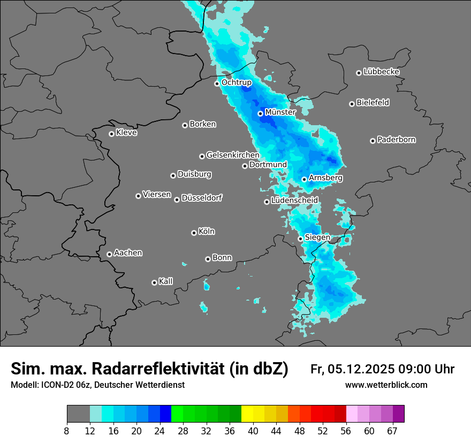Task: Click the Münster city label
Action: click(280, 113)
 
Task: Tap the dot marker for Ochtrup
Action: click(217, 83)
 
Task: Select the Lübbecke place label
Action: click(381, 72)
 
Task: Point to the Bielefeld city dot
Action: click(352, 104)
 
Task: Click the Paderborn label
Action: click(396, 140)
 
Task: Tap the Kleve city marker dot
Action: click(111, 134)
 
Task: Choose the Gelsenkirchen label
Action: click(233, 155)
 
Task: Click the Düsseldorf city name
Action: click(202, 198)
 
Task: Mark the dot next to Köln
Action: click(194, 233)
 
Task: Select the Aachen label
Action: click(128, 252)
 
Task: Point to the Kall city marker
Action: click(154, 282)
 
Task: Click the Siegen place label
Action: click(317, 237)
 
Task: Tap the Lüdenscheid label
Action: click(294, 200)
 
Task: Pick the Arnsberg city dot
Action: click(304, 179)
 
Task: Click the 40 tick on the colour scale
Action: click(253, 431)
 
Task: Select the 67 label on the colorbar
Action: click(392, 431)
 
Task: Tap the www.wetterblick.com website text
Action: click(386, 385)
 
